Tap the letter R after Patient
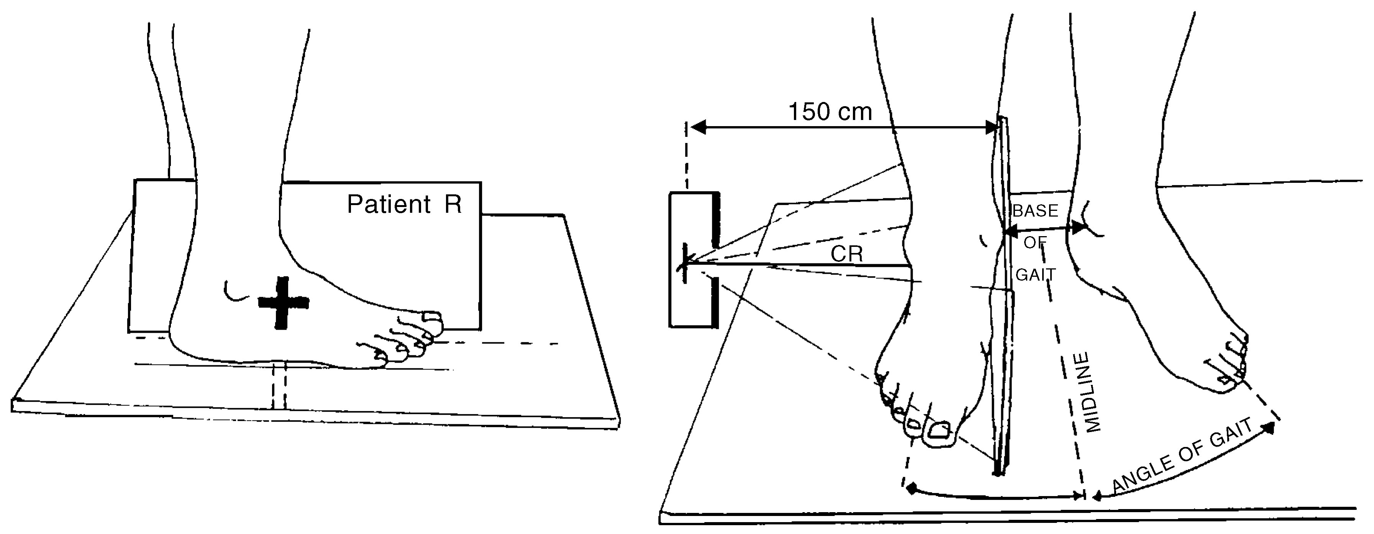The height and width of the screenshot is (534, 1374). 453,204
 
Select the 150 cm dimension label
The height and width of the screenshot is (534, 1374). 830,112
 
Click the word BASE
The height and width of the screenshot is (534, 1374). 1035,211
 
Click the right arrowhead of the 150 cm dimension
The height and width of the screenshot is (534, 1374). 992,127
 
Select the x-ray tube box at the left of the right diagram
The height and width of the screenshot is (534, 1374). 694,259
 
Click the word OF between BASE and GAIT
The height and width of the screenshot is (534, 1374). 1035,243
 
